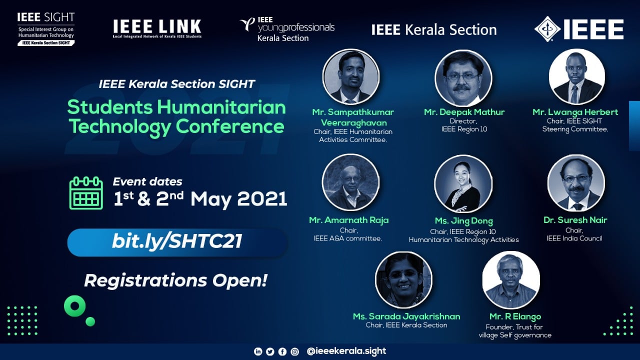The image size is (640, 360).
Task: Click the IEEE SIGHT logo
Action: (45, 29)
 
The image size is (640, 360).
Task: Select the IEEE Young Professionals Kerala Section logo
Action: (287, 29)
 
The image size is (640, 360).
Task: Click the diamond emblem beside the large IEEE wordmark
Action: (547, 29)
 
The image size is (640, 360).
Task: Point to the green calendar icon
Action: (86, 193)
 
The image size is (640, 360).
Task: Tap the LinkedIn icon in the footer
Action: (258, 351)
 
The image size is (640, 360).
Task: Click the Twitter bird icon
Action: (270, 351)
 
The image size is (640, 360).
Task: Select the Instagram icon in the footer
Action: (294, 351)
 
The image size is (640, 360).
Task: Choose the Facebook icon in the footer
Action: (282, 351)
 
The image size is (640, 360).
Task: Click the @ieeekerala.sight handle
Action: (346, 351)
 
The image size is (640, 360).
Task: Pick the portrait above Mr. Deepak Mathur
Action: (463, 78)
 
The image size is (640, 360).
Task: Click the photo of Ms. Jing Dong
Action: (463, 183)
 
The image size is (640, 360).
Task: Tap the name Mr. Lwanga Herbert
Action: (575, 112)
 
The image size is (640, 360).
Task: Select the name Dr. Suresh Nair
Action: (575, 220)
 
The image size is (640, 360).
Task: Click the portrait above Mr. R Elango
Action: (511, 280)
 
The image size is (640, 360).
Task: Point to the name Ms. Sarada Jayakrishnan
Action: (406, 316)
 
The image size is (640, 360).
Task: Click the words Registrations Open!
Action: (175, 280)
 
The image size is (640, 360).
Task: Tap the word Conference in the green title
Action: (230, 126)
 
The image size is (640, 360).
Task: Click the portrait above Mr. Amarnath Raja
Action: (350, 182)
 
